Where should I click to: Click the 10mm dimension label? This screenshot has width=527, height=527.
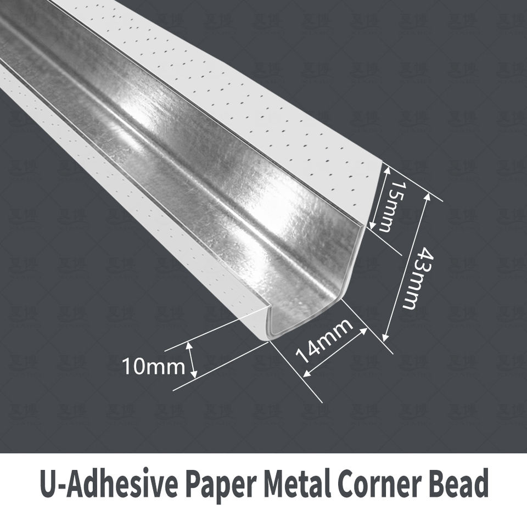(153, 366)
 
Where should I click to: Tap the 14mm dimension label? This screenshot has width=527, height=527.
(324, 341)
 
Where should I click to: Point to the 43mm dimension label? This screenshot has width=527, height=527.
(418, 277)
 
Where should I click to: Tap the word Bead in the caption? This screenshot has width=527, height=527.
(460, 484)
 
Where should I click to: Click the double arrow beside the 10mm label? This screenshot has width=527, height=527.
(193, 360)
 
